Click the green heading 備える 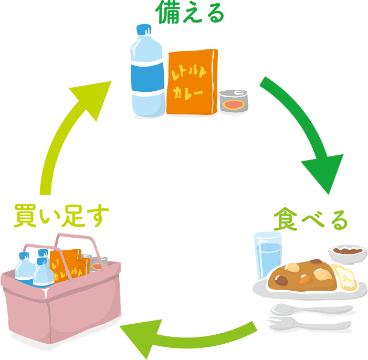190,14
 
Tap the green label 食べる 311,220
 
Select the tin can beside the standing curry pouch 233,102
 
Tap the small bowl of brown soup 348,252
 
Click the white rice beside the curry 344,278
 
